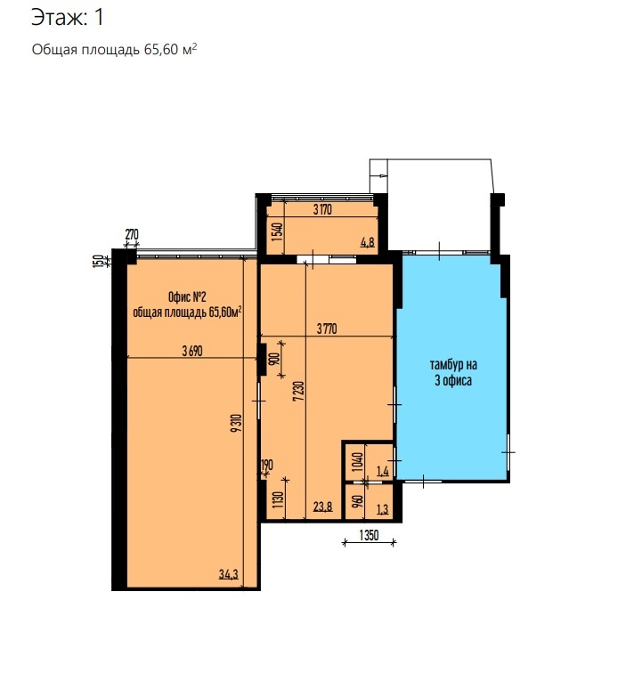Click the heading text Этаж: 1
(x=68, y=18)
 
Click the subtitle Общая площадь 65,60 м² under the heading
(x=114, y=49)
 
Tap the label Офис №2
(x=187, y=297)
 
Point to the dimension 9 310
(x=237, y=423)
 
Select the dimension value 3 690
(x=191, y=351)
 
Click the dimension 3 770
(x=327, y=329)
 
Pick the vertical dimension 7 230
(x=299, y=391)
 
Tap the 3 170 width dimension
(x=322, y=210)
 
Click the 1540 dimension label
(x=278, y=231)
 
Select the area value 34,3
(x=228, y=574)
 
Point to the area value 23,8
(x=323, y=507)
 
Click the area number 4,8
(x=368, y=242)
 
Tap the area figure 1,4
(x=383, y=471)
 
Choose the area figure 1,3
(x=383, y=509)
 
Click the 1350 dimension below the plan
(x=370, y=535)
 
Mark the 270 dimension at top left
(x=132, y=235)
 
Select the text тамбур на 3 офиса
(x=453, y=372)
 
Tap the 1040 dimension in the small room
(x=358, y=462)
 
